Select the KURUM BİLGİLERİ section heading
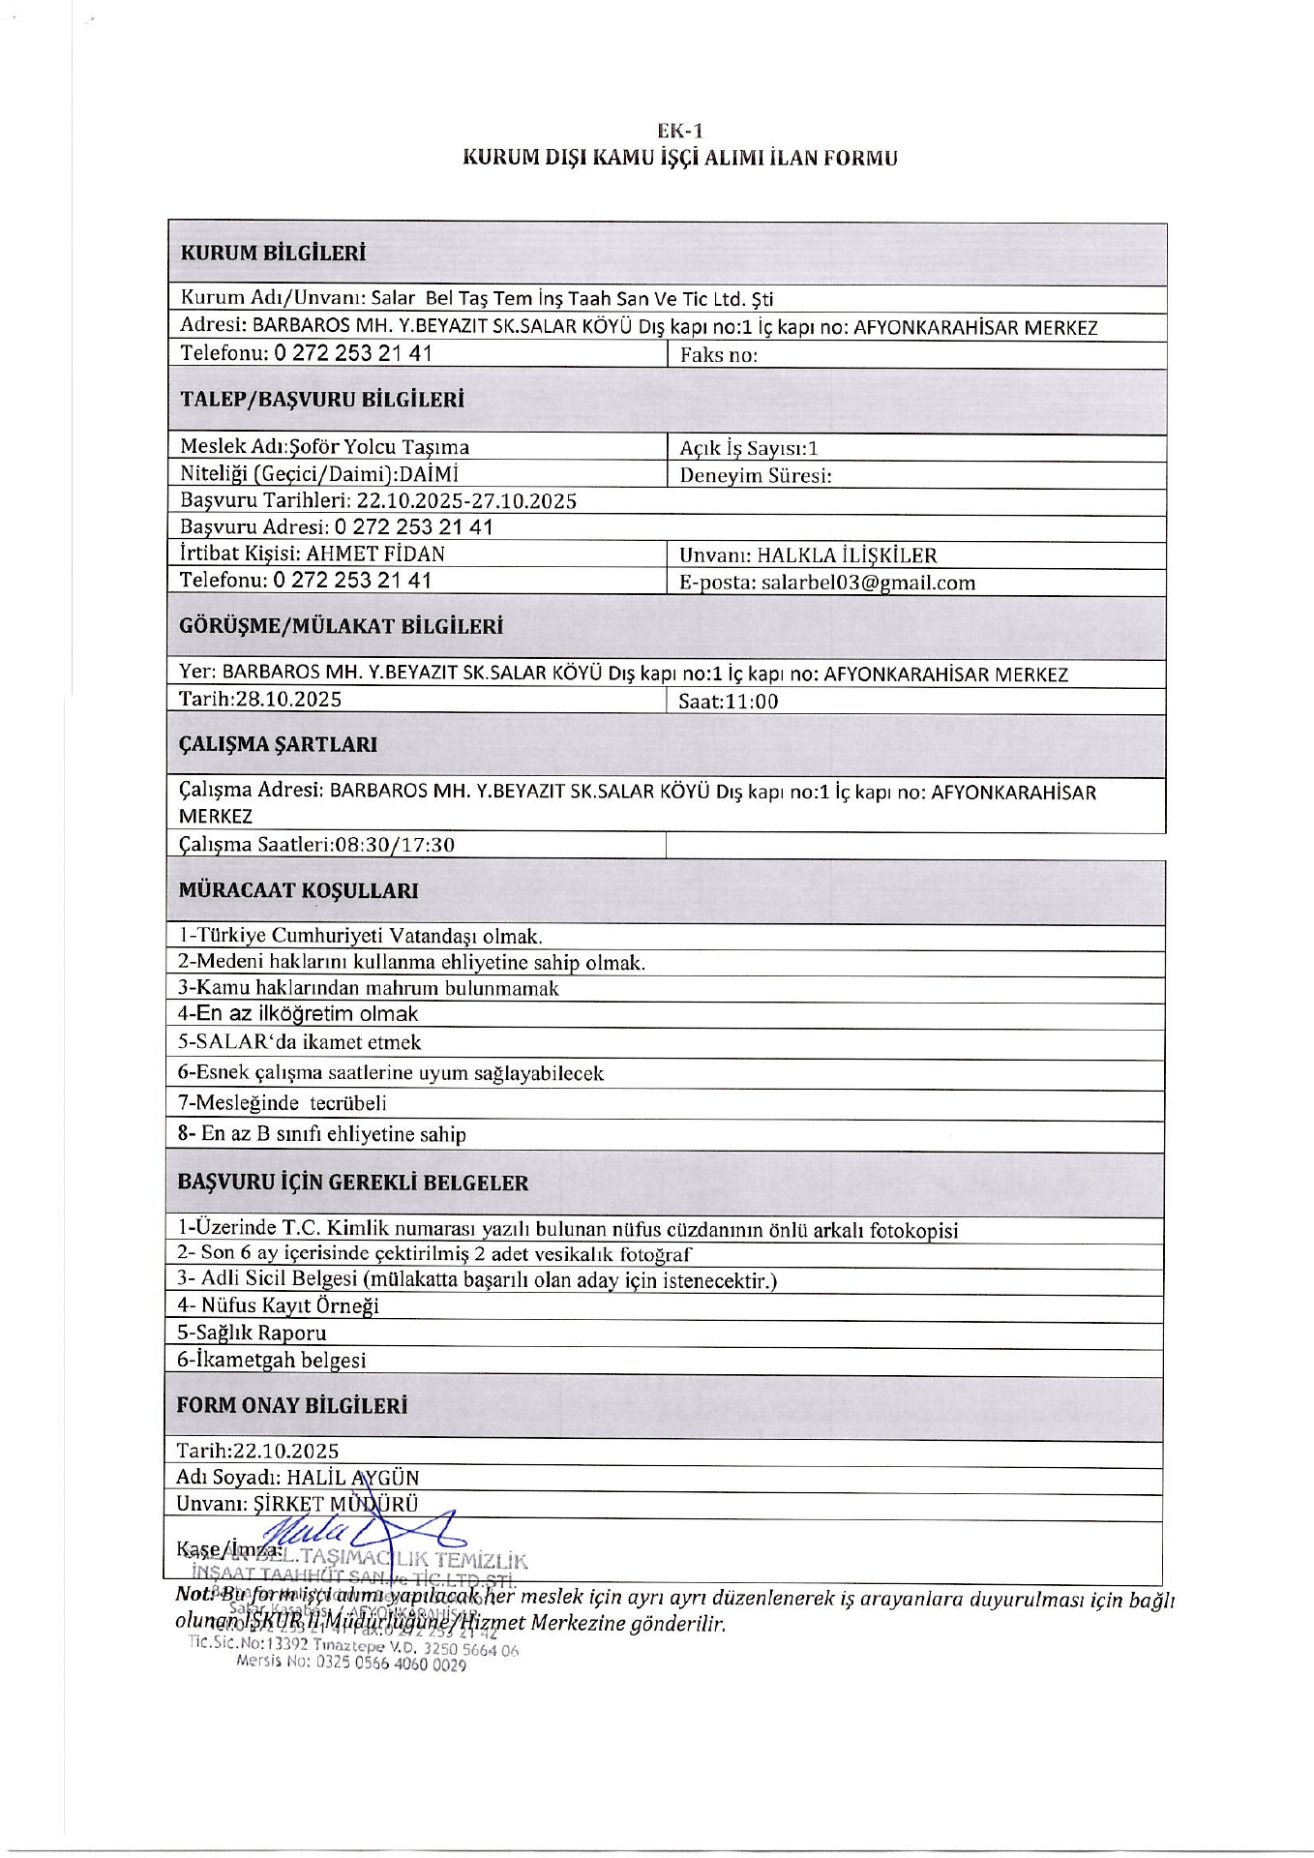click(x=273, y=254)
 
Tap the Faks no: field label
click(x=718, y=355)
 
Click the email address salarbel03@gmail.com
click(x=868, y=583)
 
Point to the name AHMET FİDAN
click(x=375, y=554)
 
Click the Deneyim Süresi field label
click(x=756, y=475)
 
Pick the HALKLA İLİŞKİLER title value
click(x=847, y=555)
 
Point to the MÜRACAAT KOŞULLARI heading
click(x=298, y=890)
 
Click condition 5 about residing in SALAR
click(x=300, y=1042)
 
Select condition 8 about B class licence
click(x=322, y=1134)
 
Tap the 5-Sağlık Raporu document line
click(x=252, y=1333)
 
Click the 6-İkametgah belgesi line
click(x=271, y=1360)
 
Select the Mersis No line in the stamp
click(x=351, y=1664)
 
